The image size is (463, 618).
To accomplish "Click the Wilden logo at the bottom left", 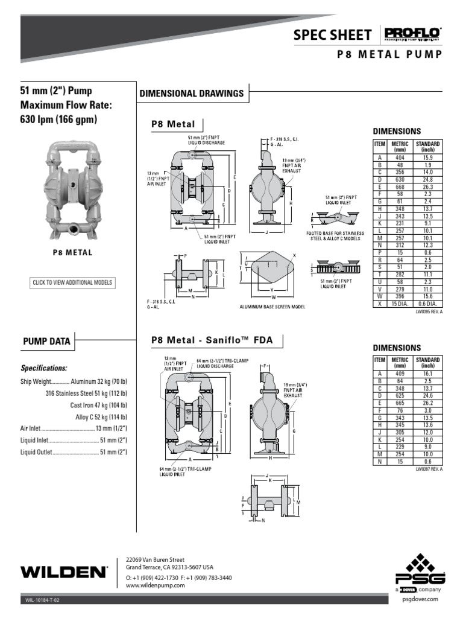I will click(64, 571).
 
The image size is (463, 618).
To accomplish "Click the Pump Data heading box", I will click(46, 342).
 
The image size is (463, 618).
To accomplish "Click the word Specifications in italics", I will click(44, 368).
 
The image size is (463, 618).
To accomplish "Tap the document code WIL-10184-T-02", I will click(43, 600).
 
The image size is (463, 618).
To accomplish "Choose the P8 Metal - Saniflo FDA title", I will click(212, 340).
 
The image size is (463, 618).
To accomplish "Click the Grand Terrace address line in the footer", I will click(169, 567).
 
